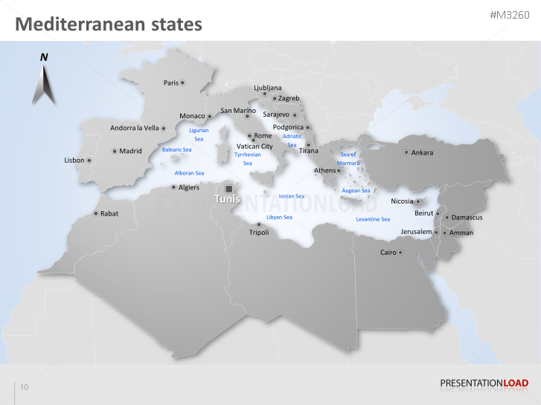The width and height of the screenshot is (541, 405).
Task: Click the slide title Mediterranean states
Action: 109,25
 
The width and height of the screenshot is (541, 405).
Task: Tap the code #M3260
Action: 510,16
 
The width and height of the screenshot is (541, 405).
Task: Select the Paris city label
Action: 171,82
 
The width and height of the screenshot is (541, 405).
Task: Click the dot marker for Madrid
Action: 115,151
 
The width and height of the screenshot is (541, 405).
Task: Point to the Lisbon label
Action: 74,160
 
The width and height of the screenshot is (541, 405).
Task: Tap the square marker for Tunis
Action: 228,189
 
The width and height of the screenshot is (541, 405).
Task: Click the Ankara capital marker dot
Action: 406,152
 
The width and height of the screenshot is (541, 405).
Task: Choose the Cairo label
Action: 388,253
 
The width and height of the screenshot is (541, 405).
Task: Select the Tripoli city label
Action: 259,233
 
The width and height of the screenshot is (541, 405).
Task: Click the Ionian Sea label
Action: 291,196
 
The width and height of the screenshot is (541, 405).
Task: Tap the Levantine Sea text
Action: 373,219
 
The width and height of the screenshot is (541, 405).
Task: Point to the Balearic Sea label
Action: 177,149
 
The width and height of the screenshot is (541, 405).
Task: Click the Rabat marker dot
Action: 95,213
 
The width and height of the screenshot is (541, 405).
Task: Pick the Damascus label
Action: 467,218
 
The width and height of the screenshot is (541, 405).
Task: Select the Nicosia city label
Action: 402,201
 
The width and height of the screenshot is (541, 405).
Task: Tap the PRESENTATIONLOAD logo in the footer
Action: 484,383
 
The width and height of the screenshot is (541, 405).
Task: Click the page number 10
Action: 25,387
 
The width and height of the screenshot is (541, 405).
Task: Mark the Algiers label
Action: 189,187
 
